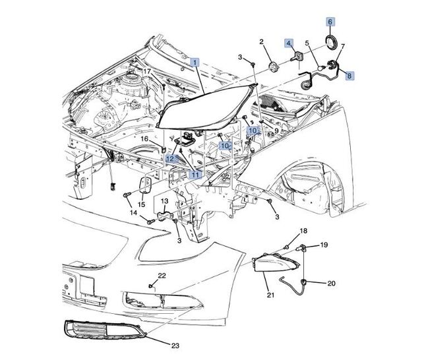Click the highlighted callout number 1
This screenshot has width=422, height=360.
coord(195,62)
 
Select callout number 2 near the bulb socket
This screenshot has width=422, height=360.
coord(261,42)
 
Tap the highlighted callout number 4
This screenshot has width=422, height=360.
coord(289,44)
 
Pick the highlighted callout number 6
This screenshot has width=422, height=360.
coord(330,22)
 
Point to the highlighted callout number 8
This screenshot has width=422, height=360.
coord(349,75)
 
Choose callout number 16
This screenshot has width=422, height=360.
coord(144,140)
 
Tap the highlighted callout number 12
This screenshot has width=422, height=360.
coord(170,159)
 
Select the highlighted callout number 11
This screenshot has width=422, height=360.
coord(195,175)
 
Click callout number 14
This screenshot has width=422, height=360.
coord(133,212)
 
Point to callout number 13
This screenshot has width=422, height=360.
coord(165,201)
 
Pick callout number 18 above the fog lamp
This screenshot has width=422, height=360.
coord(303,231)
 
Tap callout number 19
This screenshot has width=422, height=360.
coord(324,245)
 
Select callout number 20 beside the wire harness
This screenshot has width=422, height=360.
coord(331,284)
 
